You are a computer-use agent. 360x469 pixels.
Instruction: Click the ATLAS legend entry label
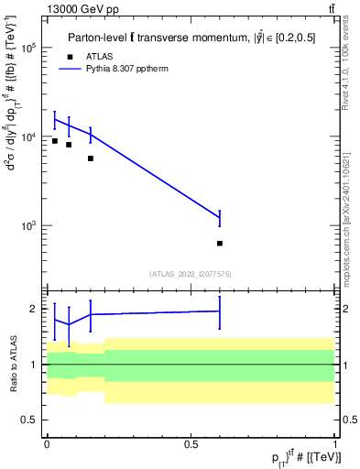(x=102, y=55)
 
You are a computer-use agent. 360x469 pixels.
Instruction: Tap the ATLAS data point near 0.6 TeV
(x=220, y=244)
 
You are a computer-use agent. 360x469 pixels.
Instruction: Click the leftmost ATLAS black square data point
(x=55, y=141)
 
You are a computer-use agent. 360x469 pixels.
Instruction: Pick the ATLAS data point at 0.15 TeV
(x=91, y=158)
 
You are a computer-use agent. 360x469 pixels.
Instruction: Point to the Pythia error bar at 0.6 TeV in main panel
(x=220, y=218)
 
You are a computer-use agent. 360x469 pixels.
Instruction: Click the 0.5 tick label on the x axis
(x=191, y=443)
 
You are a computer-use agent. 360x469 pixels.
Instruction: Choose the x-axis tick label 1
(x=335, y=443)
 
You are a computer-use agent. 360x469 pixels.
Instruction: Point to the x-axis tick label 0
(x=47, y=443)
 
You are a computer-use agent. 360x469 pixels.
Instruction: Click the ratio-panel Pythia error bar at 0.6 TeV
(x=220, y=311)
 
